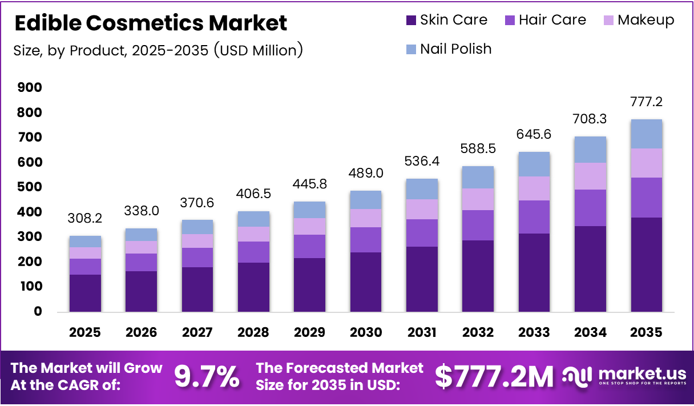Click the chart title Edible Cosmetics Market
coord(151,23)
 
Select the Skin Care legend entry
coord(446,20)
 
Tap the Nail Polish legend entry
coord(449,49)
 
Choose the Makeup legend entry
coord(638,20)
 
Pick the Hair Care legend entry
coord(545,20)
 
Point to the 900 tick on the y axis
coord(30,87)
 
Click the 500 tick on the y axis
coord(30,187)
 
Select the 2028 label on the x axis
coord(253,332)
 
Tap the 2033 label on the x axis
coord(534,332)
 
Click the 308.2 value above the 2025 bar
coord(86,219)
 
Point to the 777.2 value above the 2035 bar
coord(646,102)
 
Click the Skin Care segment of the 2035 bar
coord(646,264)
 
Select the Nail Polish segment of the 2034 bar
coord(590,150)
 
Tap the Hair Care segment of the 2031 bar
coord(422,233)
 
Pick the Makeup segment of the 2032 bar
coord(478,199)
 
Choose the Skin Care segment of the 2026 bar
coord(142,291)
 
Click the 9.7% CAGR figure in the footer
coord(207,377)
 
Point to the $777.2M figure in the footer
coord(494,377)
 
